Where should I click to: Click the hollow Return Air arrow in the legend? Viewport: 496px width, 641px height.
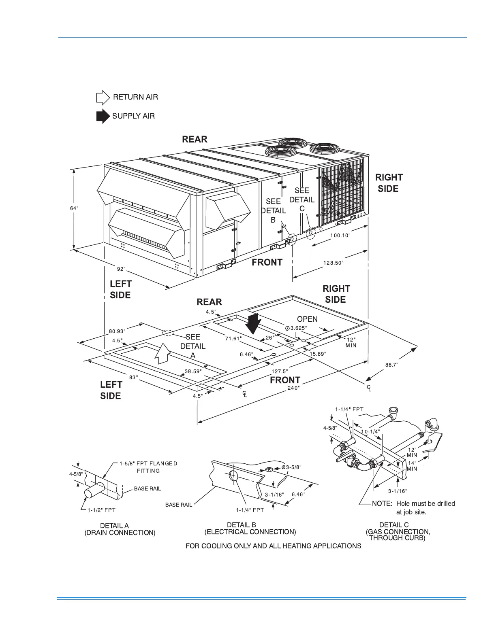point(103,98)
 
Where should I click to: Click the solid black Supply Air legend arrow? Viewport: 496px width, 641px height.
point(103,116)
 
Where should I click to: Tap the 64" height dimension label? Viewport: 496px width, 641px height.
point(74,208)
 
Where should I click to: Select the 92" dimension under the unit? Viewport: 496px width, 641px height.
point(121,269)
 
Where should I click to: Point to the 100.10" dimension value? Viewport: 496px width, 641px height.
point(340,235)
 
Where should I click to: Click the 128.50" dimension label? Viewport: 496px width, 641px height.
point(333,263)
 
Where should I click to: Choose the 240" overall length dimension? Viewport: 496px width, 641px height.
point(293,388)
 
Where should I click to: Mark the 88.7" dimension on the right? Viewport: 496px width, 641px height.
point(391,365)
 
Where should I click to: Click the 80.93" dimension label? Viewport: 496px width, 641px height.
point(117,331)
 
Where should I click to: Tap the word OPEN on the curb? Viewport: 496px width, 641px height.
point(307,319)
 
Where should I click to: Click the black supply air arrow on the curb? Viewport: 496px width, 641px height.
point(254,323)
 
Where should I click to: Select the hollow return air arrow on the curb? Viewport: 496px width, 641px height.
point(162,353)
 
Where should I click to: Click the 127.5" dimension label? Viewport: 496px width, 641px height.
point(280,371)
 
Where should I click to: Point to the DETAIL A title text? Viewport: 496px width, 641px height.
point(115,526)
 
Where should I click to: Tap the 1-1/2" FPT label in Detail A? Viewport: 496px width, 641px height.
point(101,510)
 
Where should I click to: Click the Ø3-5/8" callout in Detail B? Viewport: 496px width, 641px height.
point(291,467)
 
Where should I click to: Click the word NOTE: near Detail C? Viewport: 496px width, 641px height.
point(382,504)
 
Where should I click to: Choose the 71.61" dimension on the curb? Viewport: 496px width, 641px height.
point(233,338)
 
